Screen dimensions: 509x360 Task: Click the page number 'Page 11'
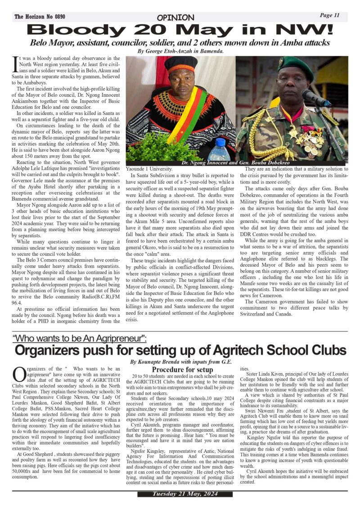click(x=329, y=15)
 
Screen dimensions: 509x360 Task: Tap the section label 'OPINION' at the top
click(x=175, y=18)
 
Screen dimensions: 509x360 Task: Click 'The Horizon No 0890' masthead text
click(x=40, y=17)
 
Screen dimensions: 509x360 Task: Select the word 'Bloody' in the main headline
click(x=63, y=30)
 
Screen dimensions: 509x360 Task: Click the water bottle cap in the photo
click(x=220, y=141)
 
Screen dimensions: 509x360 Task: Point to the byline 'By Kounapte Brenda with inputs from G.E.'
click(x=181, y=362)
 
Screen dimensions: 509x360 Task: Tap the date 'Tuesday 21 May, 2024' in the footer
click(x=180, y=494)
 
